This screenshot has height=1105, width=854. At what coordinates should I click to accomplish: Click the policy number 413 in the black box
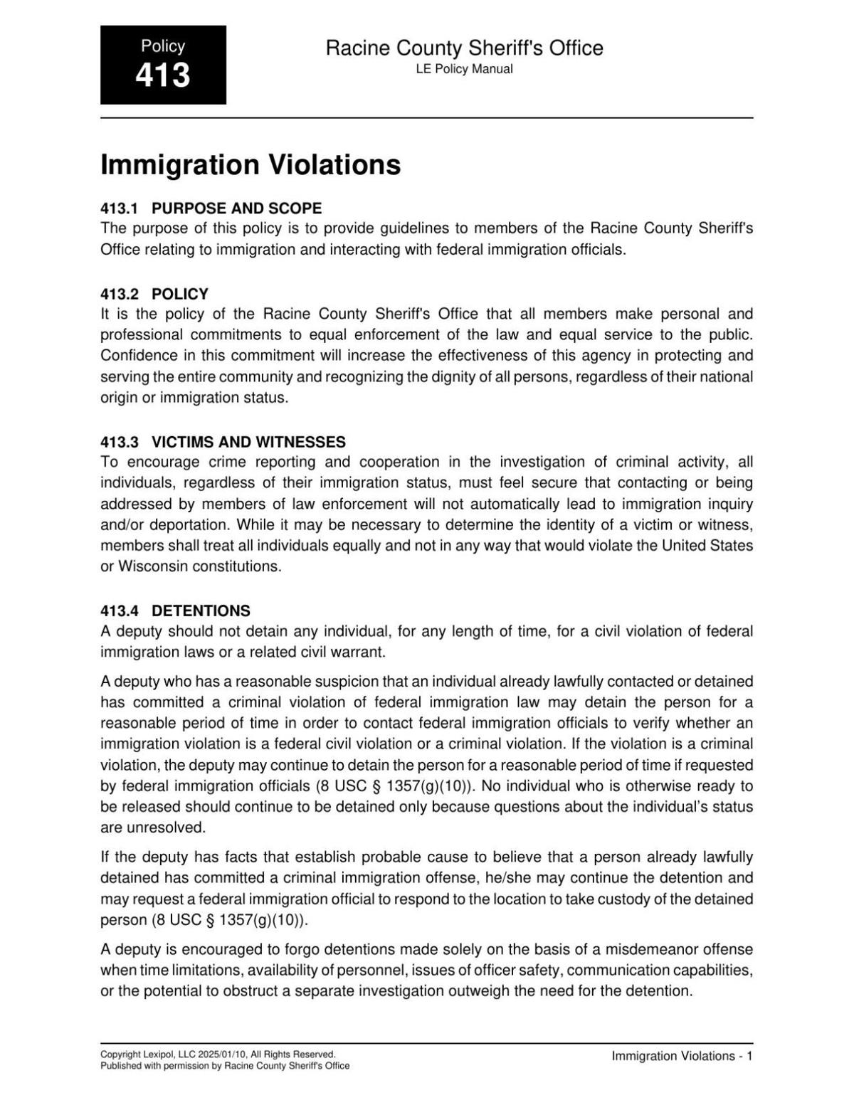[163, 75]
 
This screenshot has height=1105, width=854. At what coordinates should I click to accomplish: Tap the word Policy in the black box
[163, 46]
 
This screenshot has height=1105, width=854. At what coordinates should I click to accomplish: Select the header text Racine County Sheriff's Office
[464, 48]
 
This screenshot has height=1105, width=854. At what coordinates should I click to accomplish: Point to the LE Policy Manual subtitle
[464, 69]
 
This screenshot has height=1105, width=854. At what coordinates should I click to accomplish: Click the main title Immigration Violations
[251, 164]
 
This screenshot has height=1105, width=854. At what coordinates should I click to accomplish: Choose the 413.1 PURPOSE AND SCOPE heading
[211, 208]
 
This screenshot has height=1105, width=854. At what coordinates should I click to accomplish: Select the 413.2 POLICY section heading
[154, 294]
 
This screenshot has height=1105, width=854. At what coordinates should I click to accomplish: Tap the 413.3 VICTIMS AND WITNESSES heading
[223, 442]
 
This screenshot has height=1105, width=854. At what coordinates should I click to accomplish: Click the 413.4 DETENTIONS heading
[175, 610]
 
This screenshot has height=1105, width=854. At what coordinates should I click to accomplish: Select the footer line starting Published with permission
[225, 1066]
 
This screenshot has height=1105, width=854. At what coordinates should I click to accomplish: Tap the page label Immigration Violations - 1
[682, 1057]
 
